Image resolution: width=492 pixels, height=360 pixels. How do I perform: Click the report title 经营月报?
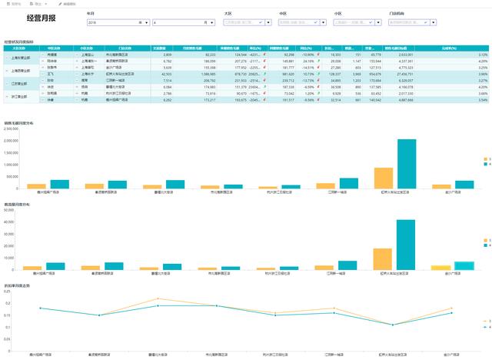point(39,17)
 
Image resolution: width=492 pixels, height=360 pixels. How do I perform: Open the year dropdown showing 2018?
point(118,23)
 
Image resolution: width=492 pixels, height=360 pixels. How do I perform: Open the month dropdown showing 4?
point(183,23)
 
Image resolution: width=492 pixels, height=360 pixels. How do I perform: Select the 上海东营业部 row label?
point(21,58)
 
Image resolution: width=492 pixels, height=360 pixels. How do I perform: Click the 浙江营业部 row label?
point(21,97)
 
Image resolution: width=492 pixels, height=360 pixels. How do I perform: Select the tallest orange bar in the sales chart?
point(383,178)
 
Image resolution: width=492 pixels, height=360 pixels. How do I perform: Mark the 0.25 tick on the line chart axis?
point(8,294)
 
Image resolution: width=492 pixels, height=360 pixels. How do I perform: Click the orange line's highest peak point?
point(157,298)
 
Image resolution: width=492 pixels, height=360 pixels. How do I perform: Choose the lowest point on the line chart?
point(392,325)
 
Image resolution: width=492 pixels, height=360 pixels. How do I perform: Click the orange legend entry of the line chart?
point(484,321)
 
